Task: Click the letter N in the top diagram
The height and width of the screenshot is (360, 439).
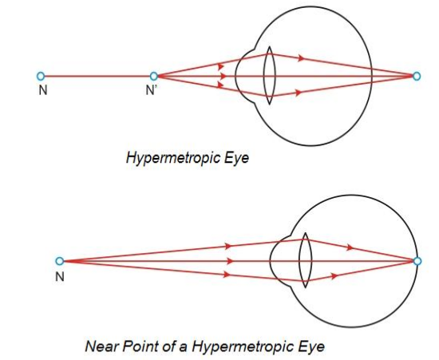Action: (x=43, y=90)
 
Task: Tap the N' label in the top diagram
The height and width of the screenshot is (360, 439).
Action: (x=151, y=90)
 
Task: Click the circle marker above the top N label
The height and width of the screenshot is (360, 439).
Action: (x=41, y=76)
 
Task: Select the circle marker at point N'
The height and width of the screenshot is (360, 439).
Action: (x=154, y=76)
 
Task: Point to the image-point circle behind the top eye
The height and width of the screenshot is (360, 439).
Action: (x=417, y=76)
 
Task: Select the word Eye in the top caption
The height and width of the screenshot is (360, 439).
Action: (x=236, y=158)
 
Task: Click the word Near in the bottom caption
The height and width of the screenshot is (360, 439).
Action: (x=102, y=346)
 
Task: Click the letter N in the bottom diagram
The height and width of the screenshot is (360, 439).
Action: (x=60, y=277)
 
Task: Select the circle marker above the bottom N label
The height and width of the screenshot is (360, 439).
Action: (x=60, y=261)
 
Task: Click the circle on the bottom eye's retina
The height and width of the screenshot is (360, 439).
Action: (x=417, y=261)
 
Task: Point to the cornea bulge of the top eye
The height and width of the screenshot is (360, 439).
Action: (x=236, y=76)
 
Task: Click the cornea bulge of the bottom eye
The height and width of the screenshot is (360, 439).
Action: (x=271, y=260)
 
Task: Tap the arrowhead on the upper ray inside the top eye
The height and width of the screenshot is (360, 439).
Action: (x=301, y=58)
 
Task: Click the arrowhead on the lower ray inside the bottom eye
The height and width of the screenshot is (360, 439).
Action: (x=334, y=276)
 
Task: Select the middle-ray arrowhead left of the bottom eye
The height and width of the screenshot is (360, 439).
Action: (x=230, y=261)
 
